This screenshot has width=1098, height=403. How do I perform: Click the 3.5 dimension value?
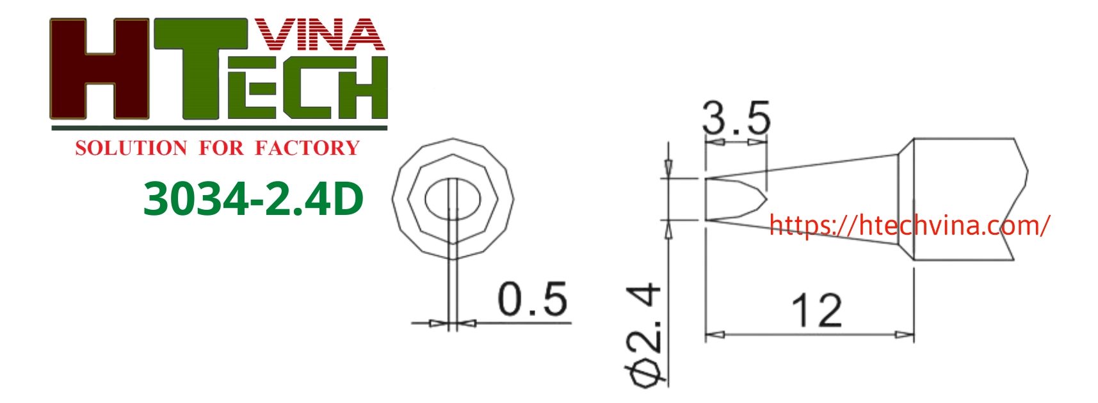point(736,118)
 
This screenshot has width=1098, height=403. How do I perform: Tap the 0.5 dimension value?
point(532,299)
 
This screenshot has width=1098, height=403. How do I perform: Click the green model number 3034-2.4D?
point(254,199)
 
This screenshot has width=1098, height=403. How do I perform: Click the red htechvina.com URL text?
point(908,225)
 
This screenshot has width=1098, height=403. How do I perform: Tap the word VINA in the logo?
point(318,35)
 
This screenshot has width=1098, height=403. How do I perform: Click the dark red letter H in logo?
point(99,69)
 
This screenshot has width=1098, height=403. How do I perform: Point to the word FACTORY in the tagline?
point(307,148)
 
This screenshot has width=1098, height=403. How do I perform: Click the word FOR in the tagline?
point(221,148)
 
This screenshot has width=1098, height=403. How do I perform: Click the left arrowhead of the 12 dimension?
point(715,335)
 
